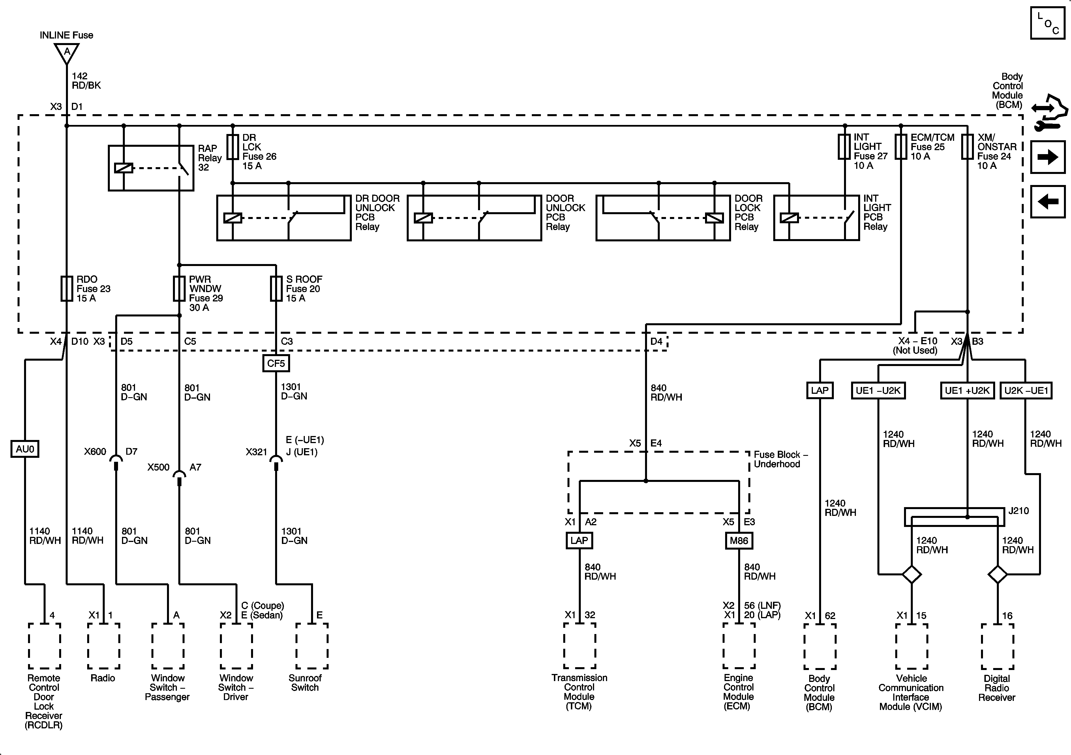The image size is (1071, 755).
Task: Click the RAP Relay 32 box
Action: pos(151,168)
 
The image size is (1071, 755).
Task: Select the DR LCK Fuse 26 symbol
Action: pos(233,147)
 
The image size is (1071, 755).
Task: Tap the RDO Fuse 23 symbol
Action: pos(67,288)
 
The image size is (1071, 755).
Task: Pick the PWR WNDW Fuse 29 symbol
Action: pos(179,288)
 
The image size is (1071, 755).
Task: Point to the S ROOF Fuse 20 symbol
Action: pos(276,288)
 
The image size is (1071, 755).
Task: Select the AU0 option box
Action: pos(25,449)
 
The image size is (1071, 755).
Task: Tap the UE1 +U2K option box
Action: pos(967,390)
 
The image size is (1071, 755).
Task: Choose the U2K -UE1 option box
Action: pos(1026,390)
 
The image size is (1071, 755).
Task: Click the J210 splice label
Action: pos(1018,511)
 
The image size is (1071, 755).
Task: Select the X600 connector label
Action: pos(95,452)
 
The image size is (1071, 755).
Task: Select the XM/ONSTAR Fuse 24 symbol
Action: pos(967,147)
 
